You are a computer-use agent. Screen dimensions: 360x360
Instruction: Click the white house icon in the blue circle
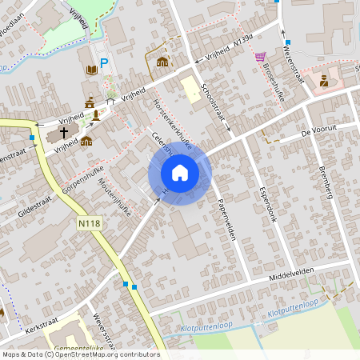tap(179, 173)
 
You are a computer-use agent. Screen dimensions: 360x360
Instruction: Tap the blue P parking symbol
tap(104, 63)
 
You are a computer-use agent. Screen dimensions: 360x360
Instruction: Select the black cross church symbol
tap(64, 132)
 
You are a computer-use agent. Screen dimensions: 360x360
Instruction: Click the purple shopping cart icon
tap(260, 57)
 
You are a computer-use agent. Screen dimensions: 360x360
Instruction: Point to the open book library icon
tap(91, 70)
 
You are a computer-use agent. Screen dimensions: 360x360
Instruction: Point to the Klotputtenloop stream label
tap(293, 306)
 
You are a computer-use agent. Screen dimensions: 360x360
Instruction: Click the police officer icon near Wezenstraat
tap(324, 80)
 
